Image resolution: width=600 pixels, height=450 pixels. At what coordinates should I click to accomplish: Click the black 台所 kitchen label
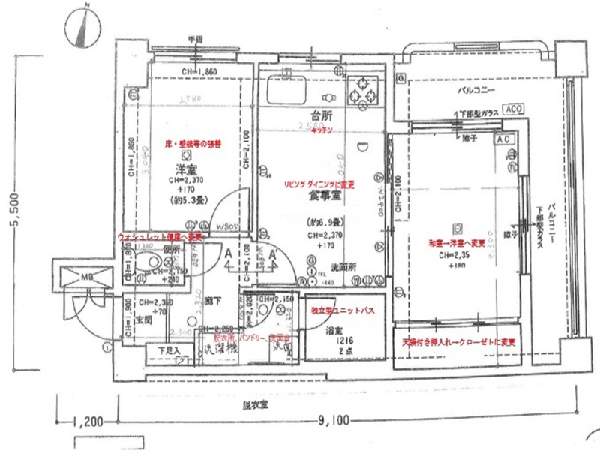click(322, 115)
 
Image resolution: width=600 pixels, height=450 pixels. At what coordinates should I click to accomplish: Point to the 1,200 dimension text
click(91, 422)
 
